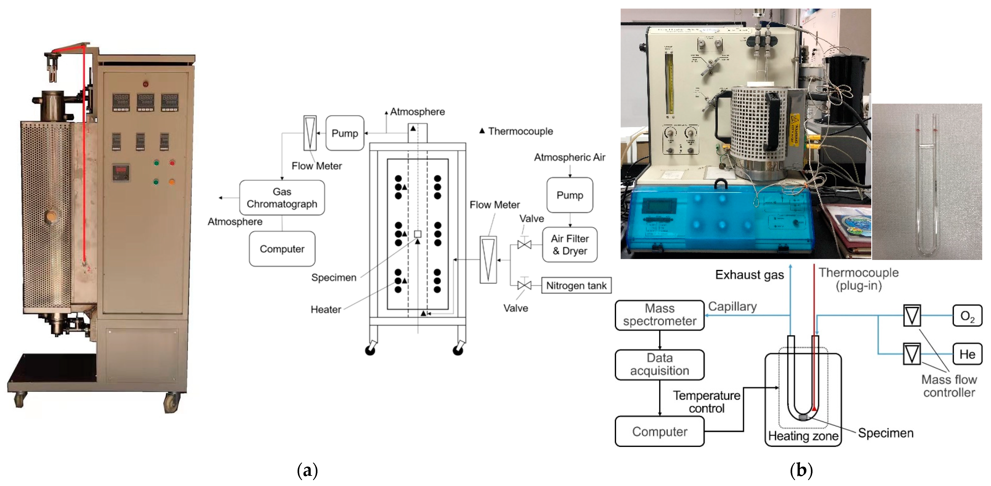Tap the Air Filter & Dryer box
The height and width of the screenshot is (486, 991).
[570, 245]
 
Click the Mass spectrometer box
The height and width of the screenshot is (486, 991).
[659, 315]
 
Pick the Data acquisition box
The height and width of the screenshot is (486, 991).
[659, 364]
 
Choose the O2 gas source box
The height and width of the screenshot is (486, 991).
[967, 316]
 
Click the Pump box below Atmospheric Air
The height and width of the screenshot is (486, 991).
[570, 195]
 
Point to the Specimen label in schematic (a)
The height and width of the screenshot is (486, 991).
[333, 278]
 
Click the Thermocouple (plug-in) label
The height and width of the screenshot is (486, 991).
[858, 279]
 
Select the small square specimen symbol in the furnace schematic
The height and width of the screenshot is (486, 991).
[417, 234]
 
